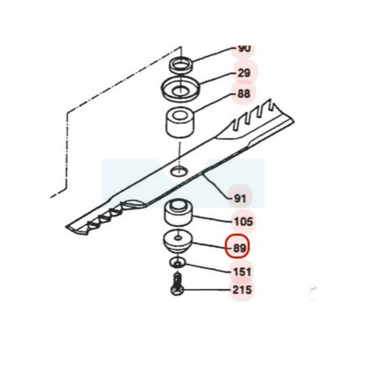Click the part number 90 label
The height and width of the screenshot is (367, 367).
(244, 49)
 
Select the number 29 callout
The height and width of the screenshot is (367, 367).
(244, 73)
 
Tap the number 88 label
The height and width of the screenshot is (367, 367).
(244, 93)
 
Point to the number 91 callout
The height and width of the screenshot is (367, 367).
(240, 199)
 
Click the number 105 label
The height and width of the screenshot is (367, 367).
(243, 222)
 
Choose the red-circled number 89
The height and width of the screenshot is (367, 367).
(240, 248)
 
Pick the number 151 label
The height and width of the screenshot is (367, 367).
(243, 272)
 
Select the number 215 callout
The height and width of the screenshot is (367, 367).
(242, 290)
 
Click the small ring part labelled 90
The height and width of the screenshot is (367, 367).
(180, 66)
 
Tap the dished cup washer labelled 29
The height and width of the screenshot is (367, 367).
(180, 89)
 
